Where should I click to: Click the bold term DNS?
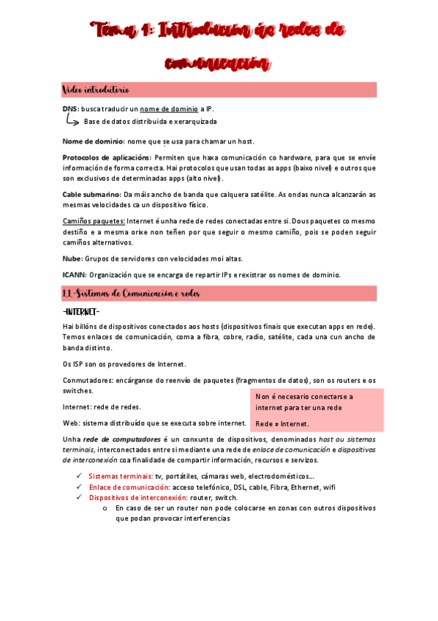tap(71, 109)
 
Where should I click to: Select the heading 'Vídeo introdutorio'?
tap(97, 90)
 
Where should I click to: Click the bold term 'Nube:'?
tap(73, 258)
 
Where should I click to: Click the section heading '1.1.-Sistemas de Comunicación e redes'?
tap(130, 294)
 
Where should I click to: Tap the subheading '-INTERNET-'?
tap(81, 312)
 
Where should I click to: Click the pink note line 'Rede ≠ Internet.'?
tap(283, 424)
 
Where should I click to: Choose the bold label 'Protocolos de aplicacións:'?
tap(107, 157)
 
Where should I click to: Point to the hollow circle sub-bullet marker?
tap(107, 507)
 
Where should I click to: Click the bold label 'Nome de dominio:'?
tap(94, 141)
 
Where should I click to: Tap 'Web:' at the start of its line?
tap(72, 423)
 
